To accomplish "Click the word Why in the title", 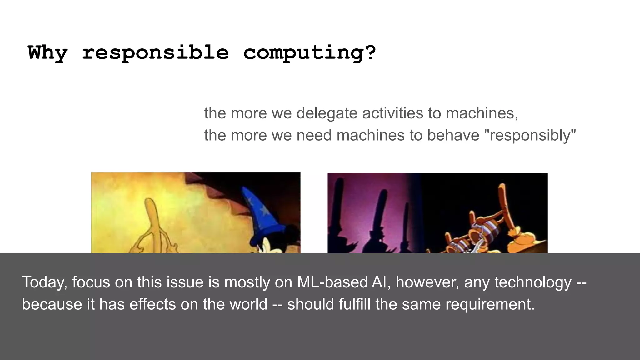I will pyautogui.click(x=47, y=52).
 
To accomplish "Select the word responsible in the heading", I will pyautogui.click(x=155, y=52).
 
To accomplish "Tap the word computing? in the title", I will pyautogui.click(x=310, y=52).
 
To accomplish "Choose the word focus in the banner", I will pyautogui.click(x=91, y=282).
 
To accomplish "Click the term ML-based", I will pyautogui.click(x=332, y=282).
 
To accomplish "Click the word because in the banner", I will pyautogui.click(x=52, y=304).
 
